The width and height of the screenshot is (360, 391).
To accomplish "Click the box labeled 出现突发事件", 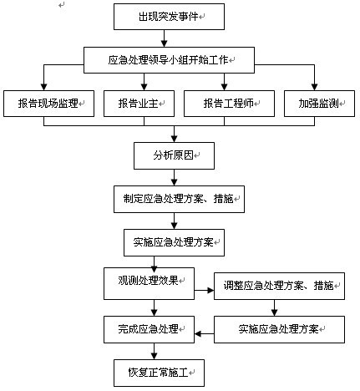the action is point(169,17).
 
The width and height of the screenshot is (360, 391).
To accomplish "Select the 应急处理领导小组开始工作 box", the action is point(169,60).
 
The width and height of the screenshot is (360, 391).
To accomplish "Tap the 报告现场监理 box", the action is point(48,104).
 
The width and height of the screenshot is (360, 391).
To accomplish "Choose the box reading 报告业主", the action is point(139,104).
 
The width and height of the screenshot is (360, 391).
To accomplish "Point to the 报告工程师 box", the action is point(229,104).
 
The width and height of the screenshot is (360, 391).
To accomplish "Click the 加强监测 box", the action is point(319,104).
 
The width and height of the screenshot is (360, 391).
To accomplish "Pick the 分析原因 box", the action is point(174,155).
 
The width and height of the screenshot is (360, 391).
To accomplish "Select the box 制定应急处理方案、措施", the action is point(179,199).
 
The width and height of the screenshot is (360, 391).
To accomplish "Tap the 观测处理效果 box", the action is point(149,283).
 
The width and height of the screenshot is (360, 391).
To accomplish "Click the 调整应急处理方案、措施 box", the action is point(279,286).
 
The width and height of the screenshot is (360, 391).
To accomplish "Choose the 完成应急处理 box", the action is point(149,329).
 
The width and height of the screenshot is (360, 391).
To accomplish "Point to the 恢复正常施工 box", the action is point(159,373).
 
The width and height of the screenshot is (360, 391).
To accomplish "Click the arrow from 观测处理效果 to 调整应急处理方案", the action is point(204,291).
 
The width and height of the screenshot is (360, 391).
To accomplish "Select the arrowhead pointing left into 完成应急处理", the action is point(198,333).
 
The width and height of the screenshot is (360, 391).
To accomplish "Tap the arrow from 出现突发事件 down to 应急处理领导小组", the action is point(164,38).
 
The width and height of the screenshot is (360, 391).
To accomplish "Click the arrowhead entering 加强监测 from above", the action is point(314,87).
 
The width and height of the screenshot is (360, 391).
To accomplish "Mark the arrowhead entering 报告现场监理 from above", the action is point(43,87).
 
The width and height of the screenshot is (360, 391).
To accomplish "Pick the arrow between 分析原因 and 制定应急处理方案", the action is point(174,177).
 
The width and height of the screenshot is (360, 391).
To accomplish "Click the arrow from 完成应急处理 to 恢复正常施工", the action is point(154,351).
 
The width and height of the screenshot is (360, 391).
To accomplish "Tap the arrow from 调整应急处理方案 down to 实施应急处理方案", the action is point(274,307).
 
